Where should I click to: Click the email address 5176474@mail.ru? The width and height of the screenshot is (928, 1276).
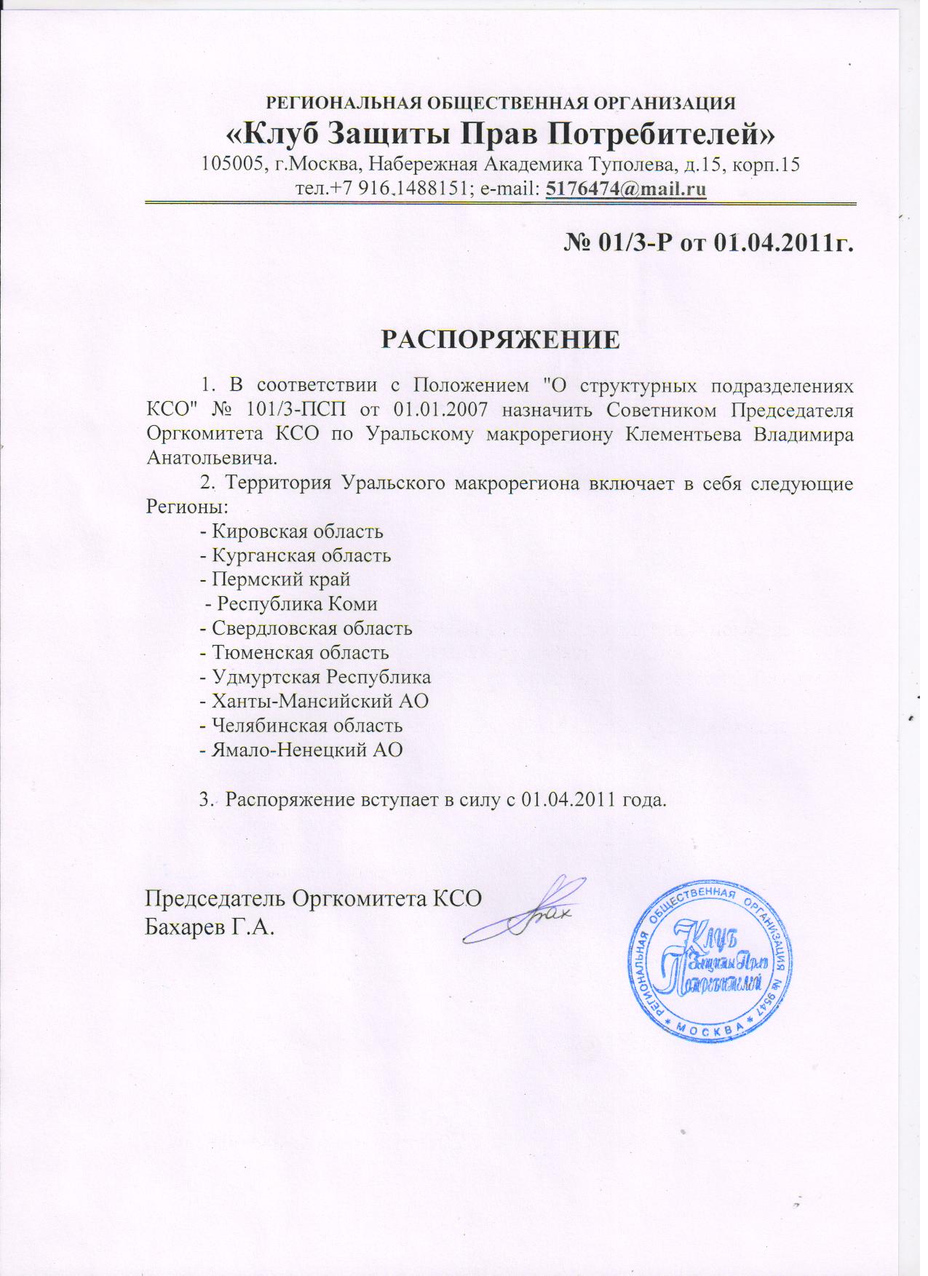coord(626,188)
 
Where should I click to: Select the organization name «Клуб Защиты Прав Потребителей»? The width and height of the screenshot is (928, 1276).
coord(501,134)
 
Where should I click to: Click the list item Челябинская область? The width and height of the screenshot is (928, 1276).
coord(306,725)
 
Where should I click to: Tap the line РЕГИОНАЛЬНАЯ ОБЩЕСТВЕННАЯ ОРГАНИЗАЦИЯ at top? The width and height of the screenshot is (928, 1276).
coord(501,103)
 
